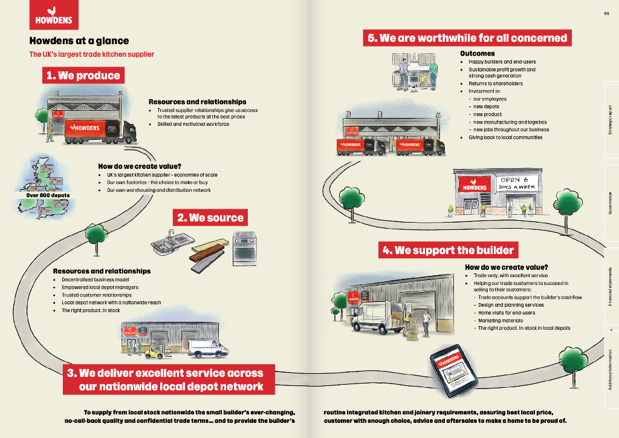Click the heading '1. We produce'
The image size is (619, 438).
click(x=83, y=76)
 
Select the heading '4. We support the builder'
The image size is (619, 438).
click(x=448, y=250)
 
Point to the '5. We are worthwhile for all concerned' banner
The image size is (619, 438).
click(x=467, y=38)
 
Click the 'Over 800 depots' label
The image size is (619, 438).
click(x=48, y=195)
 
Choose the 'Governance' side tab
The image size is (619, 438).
click(x=611, y=203)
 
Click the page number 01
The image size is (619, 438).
click(x=606, y=13)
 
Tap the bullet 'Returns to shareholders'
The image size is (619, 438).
click(x=496, y=83)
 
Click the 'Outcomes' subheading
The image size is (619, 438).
click(x=478, y=54)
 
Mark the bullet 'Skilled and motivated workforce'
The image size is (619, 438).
click(x=193, y=124)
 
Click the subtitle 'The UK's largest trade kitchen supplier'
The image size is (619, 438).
click(x=92, y=54)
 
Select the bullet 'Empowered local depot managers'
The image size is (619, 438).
click(x=100, y=287)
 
